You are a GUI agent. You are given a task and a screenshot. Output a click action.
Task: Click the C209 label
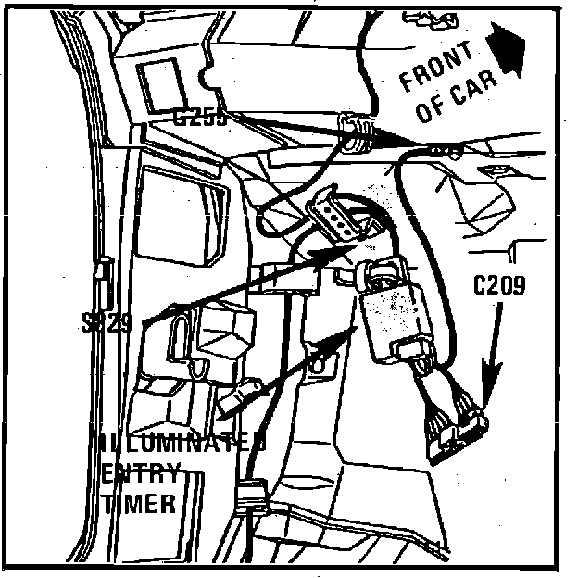(499, 287)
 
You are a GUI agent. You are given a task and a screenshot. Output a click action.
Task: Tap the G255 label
(199, 118)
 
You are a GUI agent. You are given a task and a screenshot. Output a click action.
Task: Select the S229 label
(108, 323)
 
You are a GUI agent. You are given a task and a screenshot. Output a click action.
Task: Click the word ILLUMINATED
(183, 443)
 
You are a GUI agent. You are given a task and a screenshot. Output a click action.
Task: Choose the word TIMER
(139, 505)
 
